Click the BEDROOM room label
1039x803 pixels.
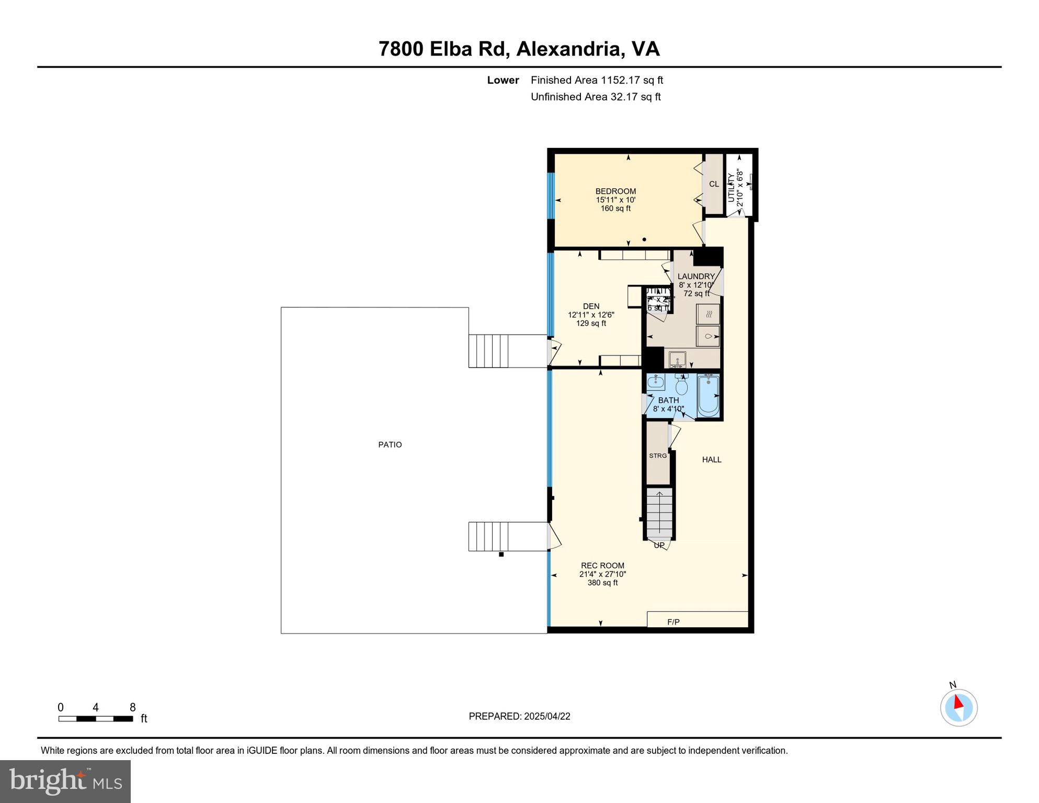pos(615,191)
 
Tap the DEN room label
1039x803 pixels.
pos(591,306)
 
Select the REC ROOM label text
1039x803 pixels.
pos(602,565)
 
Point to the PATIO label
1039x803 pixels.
pos(390,445)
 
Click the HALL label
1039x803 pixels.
pos(711,460)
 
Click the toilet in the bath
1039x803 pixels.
pos(681,386)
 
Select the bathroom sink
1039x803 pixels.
pos(656,383)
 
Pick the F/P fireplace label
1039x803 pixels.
pos(673,622)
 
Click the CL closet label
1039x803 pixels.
pos(714,184)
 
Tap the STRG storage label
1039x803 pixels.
pos(658,456)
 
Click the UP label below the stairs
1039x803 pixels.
pos(659,545)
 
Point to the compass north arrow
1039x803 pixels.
pos(958,702)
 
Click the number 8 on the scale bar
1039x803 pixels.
pos(133,707)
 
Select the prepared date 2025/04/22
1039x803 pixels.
pos(547,716)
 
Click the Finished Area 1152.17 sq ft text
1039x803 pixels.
pos(597,80)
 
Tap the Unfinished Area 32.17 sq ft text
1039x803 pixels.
pos(596,97)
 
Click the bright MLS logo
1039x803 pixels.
pos(65,781)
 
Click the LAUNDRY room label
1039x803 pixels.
pos(695,277)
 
